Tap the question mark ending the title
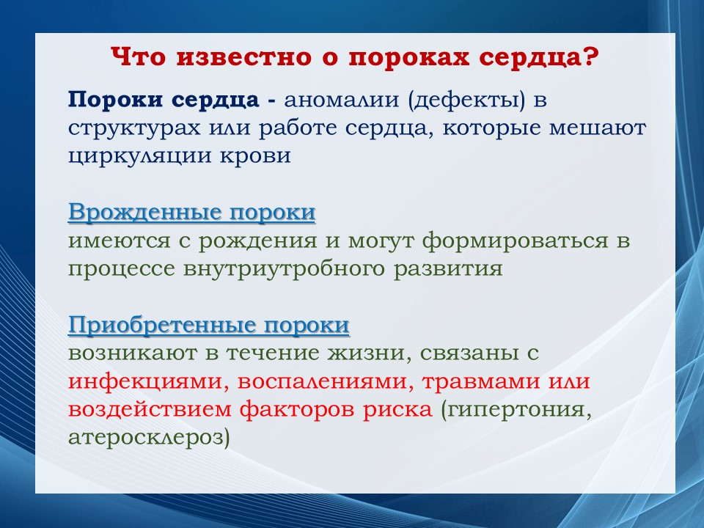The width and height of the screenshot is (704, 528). coord(591,57)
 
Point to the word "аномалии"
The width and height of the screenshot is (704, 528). coord(341,100)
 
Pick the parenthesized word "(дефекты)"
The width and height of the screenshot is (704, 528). coord(466,100)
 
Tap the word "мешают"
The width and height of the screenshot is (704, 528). coord(598,128)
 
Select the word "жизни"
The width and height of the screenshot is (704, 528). coord(367,353)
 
